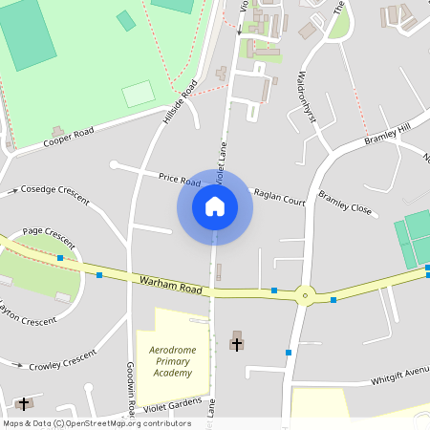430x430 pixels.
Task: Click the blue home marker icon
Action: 215,205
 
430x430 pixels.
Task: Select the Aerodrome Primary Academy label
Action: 173,361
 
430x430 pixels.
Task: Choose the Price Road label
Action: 179,179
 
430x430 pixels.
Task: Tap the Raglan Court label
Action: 279,197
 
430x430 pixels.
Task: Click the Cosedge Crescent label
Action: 54,194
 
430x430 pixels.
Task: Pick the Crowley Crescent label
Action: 63,360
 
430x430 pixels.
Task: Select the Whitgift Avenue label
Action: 400,376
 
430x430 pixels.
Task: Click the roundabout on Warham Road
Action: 305,295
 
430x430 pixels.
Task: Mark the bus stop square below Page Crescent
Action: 60,258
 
